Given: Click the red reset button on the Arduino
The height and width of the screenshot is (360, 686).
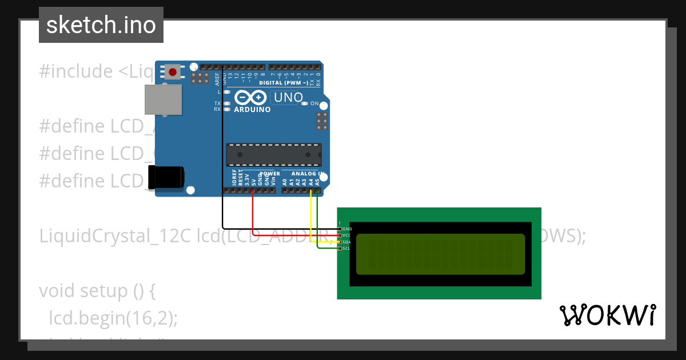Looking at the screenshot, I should (x=173, y=71).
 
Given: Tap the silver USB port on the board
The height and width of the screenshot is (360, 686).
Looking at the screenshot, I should (x=162, y=100).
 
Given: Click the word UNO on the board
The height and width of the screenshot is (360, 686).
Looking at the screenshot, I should (x=288, y=98).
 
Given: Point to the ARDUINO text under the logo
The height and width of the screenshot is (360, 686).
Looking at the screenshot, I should (x=252, y=110).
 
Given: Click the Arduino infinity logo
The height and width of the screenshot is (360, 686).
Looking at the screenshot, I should (x=251, y=98).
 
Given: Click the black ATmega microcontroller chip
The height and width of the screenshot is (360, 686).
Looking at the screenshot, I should (x=274, y=155).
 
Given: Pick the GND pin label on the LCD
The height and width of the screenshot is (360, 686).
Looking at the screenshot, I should (x=347, y=229).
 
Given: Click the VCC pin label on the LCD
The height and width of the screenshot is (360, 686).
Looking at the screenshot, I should (x=347, y=235).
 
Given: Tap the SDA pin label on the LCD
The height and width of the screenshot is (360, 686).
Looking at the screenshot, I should (x=347, y=242).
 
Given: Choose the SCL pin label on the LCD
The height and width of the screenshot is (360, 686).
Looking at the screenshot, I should (x=347, y=249).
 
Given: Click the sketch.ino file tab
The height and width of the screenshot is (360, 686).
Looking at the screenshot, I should (x=101, y=25).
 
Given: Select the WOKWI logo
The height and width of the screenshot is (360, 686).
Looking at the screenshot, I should (x=607, y=315).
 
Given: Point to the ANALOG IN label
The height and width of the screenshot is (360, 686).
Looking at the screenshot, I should (x=308, y=173).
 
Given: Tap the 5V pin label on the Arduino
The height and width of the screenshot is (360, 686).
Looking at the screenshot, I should (x=253, y=182).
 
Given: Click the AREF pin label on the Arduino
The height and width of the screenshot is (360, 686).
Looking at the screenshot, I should (x=217, y=78).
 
